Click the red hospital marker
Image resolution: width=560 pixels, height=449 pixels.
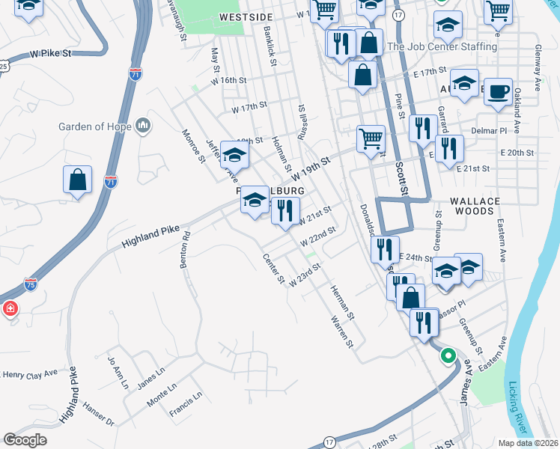[x=10, y=308]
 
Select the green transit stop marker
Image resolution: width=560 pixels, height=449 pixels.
[x=448, y=356]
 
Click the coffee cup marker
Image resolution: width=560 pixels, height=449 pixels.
[x=498, y=91]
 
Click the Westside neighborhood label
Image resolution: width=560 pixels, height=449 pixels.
[x=243, y=16]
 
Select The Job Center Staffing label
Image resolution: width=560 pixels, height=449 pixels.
[x=442, y=46]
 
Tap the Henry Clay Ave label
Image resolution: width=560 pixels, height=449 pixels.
[x=29, y=373]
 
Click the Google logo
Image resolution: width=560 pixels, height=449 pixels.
[x=25, y=439]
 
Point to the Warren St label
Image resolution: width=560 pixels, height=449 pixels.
[x=341, y=331]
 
